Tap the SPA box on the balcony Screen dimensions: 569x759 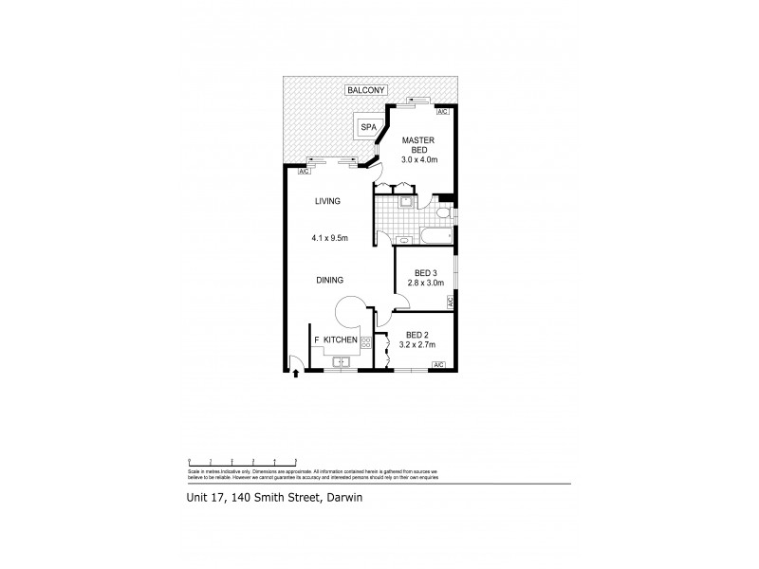coord(367,125)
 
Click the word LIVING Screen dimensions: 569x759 coord(327,201)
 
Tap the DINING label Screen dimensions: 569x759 coord(330,280)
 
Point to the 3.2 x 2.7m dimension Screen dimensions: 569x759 coord(419,345)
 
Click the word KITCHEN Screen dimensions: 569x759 coord(340,340)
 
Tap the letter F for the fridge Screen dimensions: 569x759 coord(316,340)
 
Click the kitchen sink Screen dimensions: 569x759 coord(339,361)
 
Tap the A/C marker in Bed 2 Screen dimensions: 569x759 coord(438,365)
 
